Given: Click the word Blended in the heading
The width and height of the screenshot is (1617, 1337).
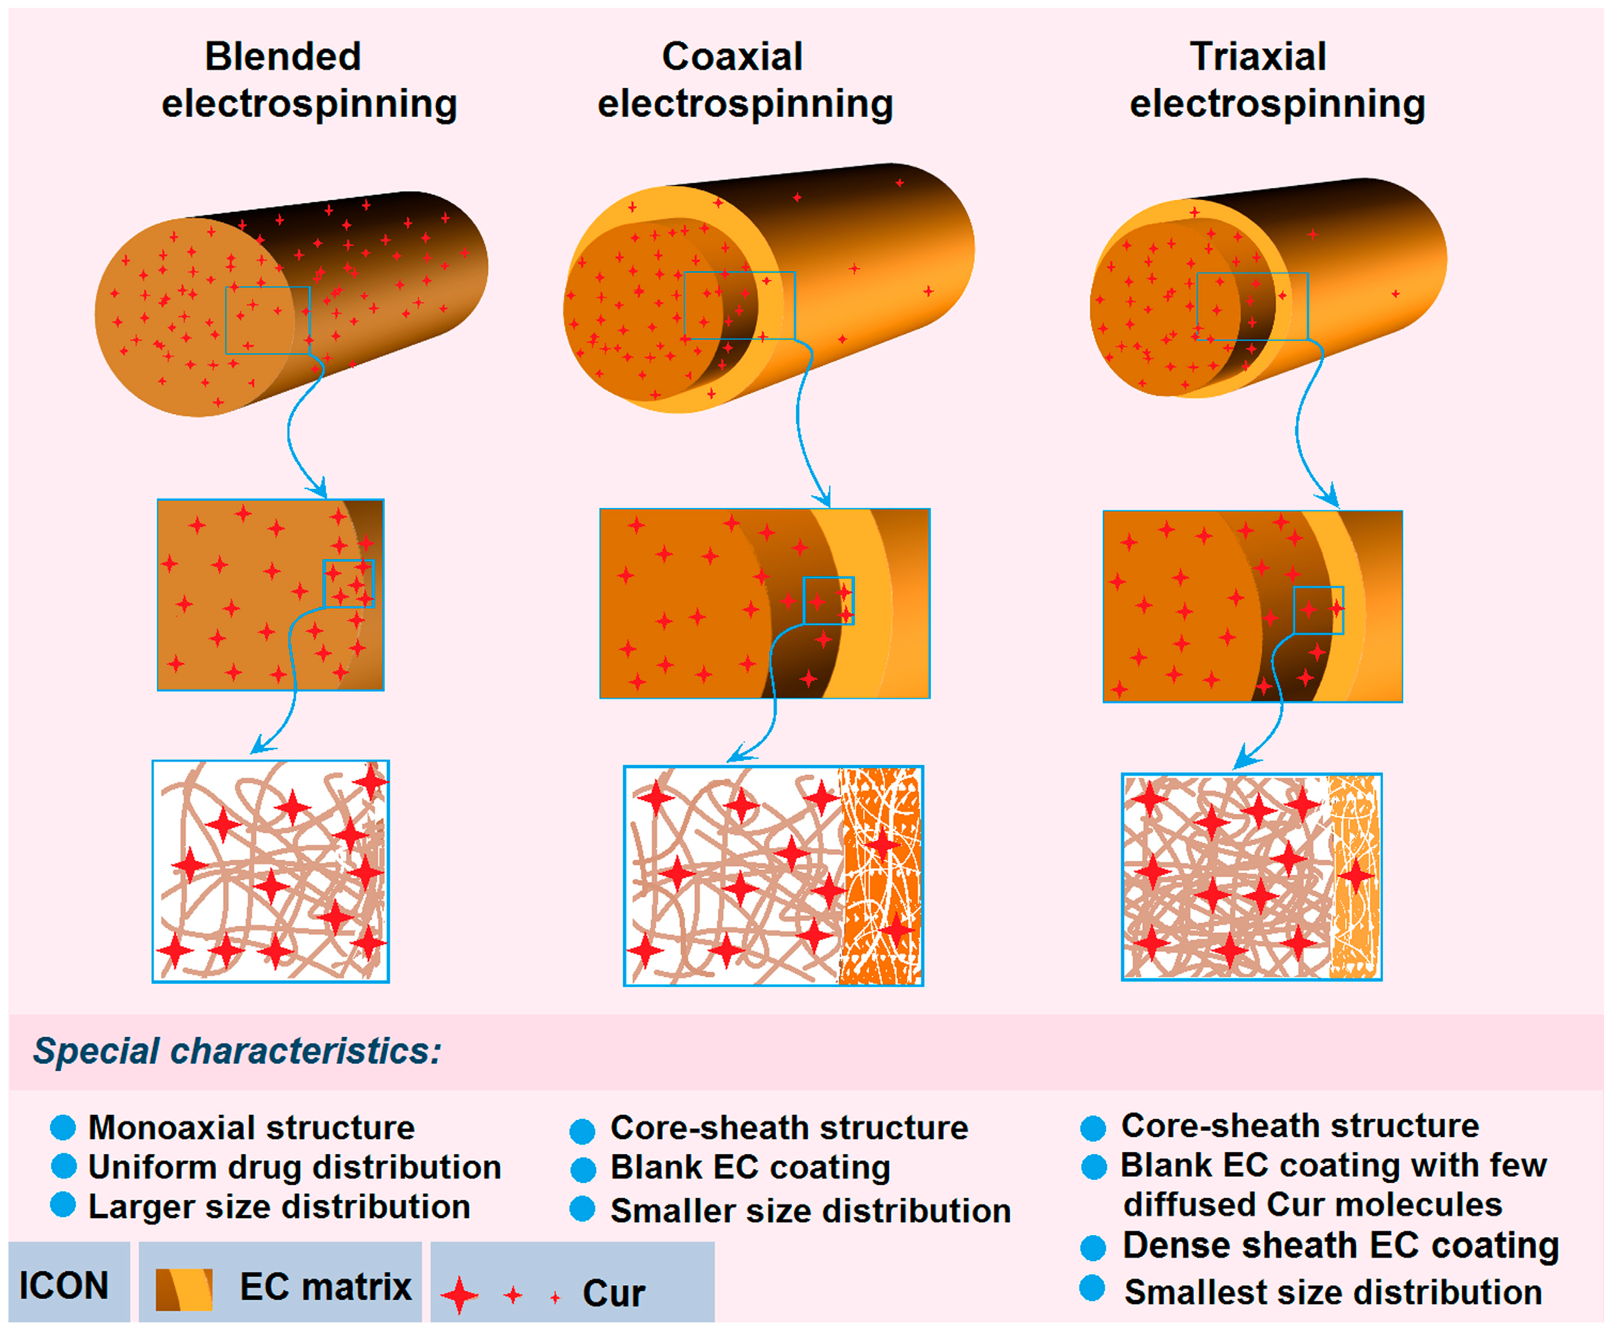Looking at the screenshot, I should [x=283, y=57].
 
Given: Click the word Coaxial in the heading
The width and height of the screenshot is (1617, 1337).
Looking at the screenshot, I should [x=732, y=57].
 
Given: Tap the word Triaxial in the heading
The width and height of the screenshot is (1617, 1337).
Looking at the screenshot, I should [x=1257, y=57].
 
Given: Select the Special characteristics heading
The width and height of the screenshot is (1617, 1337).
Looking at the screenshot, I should [x=237, y=1051].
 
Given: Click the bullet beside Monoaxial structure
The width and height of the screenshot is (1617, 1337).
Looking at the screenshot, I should [x=63, y=1127].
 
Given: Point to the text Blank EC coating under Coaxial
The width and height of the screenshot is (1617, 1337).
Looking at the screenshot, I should [x=750, y=1168].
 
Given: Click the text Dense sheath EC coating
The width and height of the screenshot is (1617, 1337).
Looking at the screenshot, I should [x=1340, y=1245].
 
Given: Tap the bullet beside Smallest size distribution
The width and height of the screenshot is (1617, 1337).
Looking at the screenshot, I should [x=1092, y=1288].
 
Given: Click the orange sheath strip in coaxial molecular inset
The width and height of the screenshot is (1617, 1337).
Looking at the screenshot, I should [x=880, y=876].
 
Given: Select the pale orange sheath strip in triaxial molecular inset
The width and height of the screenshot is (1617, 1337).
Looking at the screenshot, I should [x=1353, y=876].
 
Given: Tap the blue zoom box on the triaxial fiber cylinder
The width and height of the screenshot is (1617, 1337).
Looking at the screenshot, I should [x=1252, y=307].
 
